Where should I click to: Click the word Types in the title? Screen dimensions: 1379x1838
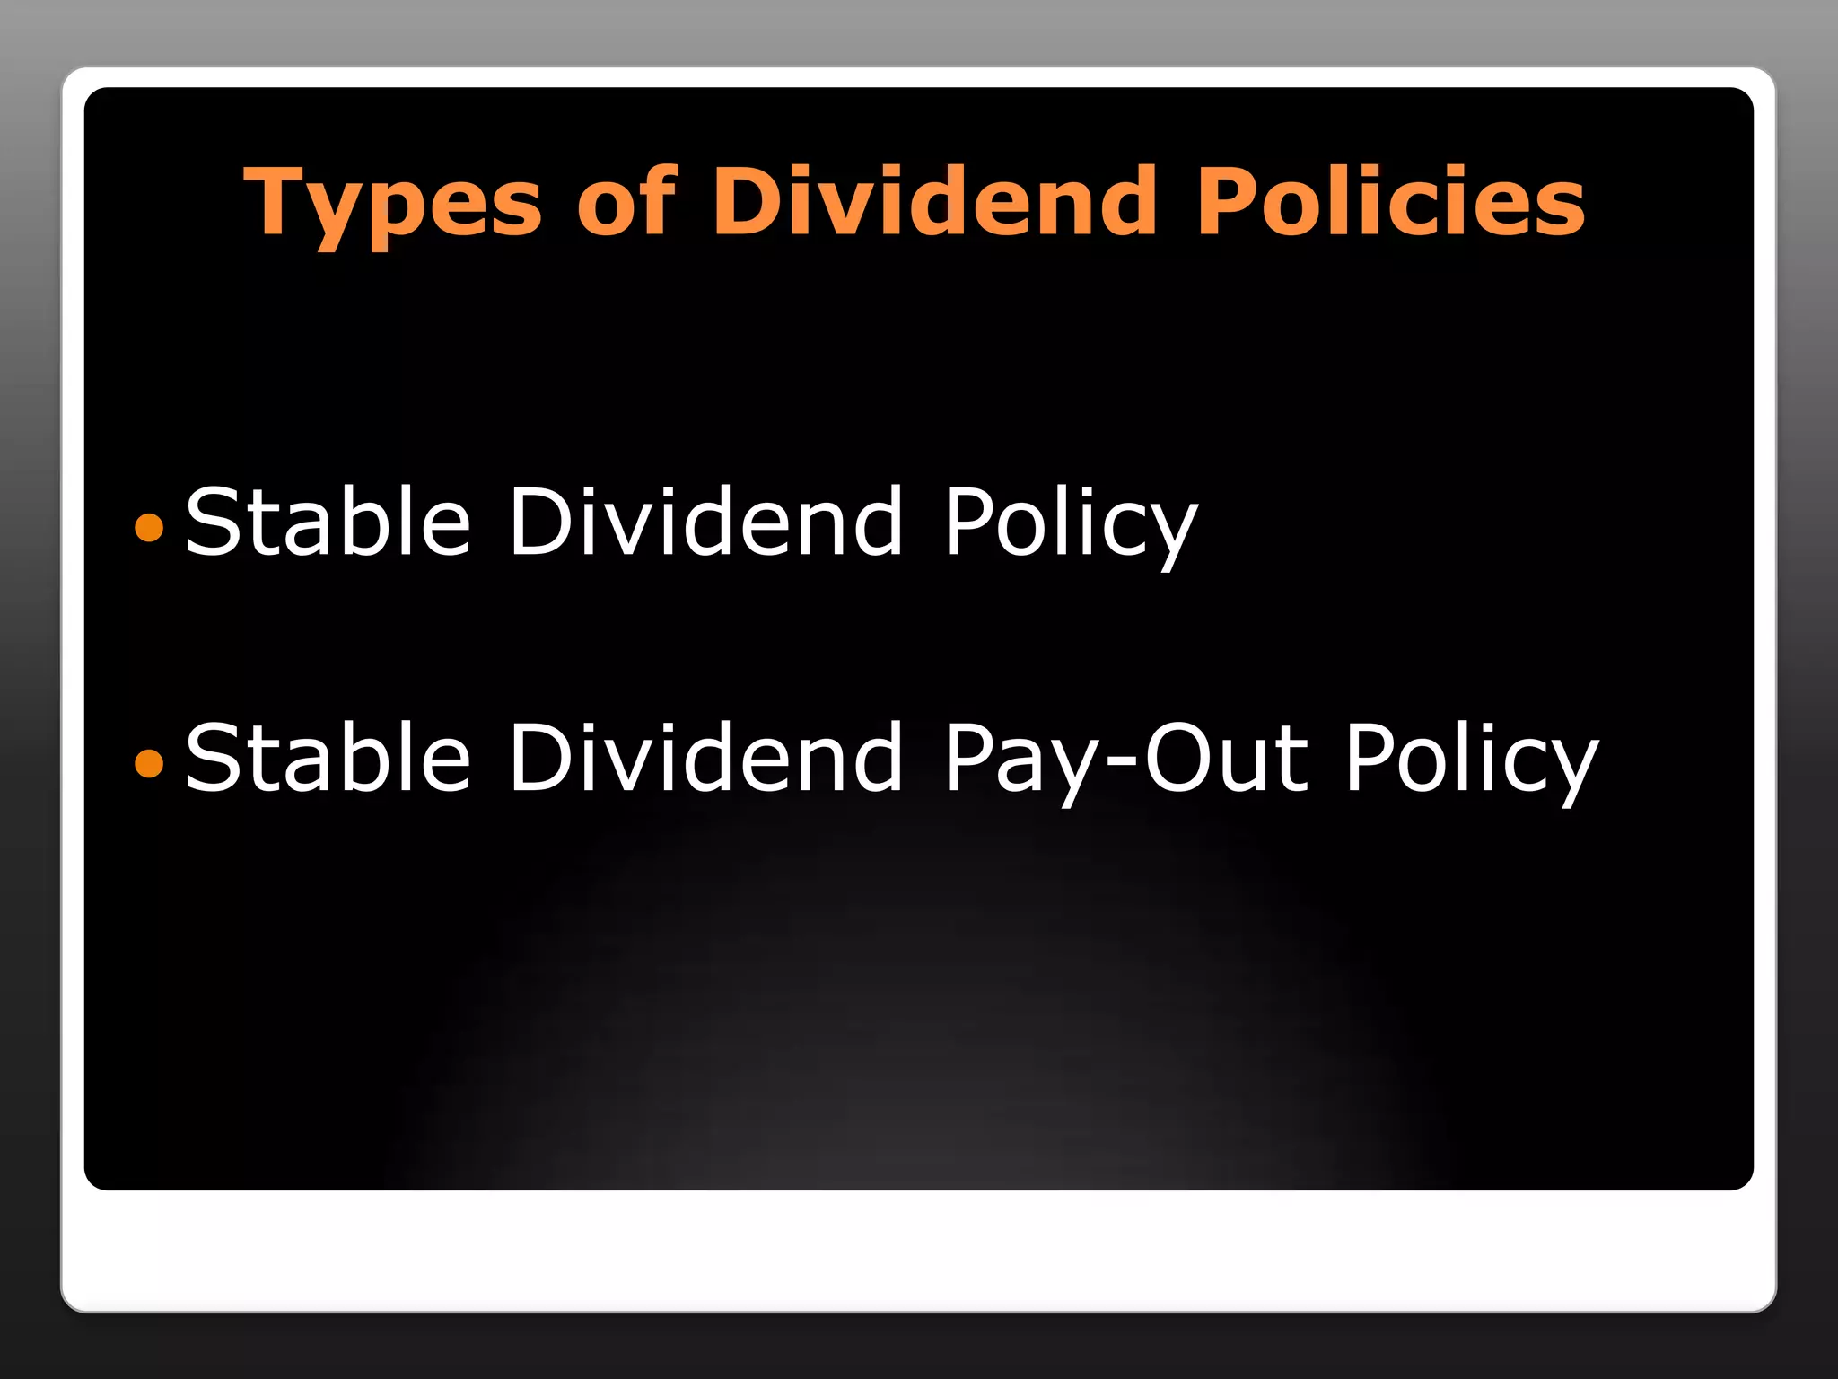pyautogui.click(x=393, y=204)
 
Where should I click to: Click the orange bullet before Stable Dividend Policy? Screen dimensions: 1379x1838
pyautogui.click(x=149, y=527)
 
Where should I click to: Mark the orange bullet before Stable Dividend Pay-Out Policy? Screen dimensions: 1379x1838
pyautogui.click(x=149, y=763)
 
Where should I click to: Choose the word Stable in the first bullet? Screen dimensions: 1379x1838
pyautogui.click(x=328, y=522)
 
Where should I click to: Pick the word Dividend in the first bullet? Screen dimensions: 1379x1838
pyautogui.click(x=705, y=522)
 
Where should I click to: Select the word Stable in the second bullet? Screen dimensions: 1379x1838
pyautogui.click(x=328, y=758)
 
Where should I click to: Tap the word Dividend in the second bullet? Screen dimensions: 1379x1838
pyautogui.click(x=705, y=758)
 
